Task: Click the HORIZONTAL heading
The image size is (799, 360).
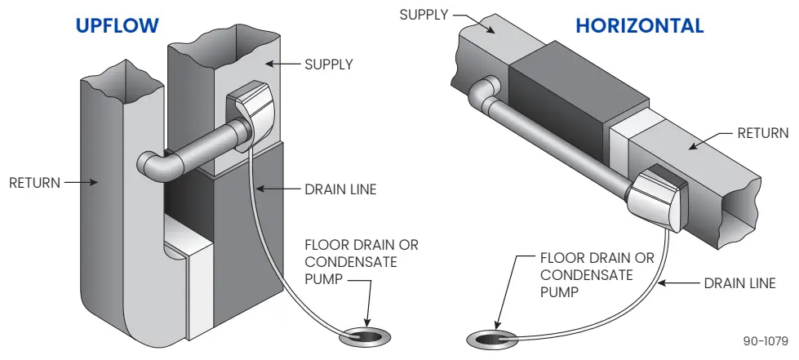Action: pyautogui.click(x=639, y=25)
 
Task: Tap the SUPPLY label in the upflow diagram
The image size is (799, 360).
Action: pyautogui.click(x=328, y=64)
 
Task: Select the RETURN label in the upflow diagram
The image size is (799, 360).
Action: pyautogui.click(x=34, y=183)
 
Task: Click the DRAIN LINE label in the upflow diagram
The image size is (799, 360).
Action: pyautogui.click(x=340, y=189)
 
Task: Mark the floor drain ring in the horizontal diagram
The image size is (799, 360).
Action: pyautogui.click(x=487, y=338)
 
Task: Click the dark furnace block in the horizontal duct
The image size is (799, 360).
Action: pyautogui.click(x=561, y=91)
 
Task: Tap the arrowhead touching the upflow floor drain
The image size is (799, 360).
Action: pyautogui.click(x=367, y=323)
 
